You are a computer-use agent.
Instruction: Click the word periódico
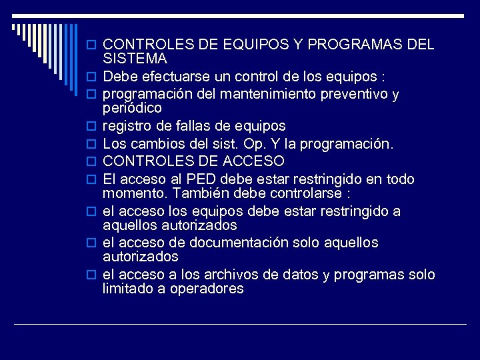point(132,108)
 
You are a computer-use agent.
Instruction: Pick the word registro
point(127,126)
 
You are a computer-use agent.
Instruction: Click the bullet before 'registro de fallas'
point(93,126)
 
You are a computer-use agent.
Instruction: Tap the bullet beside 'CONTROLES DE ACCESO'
point(93,161)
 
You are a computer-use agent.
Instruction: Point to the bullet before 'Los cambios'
point(93,143)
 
